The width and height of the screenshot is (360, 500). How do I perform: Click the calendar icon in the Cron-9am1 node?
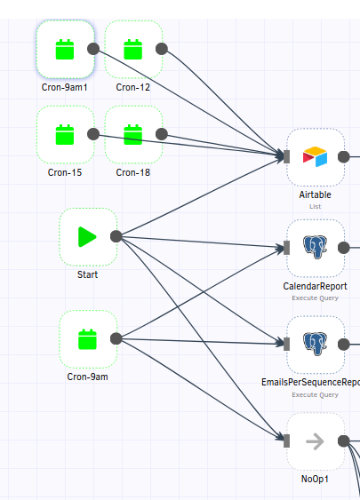coord(65,50)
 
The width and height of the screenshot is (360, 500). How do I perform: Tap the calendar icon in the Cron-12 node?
coord(133,50)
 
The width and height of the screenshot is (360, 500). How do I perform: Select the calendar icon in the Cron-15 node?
coord(65,135)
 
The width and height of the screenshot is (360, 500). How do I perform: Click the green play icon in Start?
coord(87,236)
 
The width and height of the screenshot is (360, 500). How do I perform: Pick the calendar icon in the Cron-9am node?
coord(87,339)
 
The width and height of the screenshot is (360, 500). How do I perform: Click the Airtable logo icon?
coord(315,156)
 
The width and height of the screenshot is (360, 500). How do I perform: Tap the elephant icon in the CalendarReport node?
coord(315,247)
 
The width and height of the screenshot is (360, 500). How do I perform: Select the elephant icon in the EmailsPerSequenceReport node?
coord(315,344)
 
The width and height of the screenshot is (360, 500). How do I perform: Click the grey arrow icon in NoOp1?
coord(315,441)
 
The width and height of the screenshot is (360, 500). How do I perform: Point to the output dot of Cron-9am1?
coord(93,49)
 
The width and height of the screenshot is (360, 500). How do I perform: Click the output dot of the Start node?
coord(116,236)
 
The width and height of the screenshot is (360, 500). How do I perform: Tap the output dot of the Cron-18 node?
coord(162,134)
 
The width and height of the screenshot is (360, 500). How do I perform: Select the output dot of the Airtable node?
coord(344,156)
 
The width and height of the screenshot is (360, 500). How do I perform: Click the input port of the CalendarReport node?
coord(286,248)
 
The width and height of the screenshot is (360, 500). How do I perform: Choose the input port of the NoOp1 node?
coord(286,440)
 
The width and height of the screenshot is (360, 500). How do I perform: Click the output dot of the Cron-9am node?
coord(116,338)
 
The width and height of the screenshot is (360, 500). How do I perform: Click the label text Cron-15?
coord(65,172)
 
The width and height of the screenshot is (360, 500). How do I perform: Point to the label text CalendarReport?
coord(315,286)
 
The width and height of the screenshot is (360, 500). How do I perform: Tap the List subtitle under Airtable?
coord(315,206)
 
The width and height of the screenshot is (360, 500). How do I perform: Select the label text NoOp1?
coord(315,479)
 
